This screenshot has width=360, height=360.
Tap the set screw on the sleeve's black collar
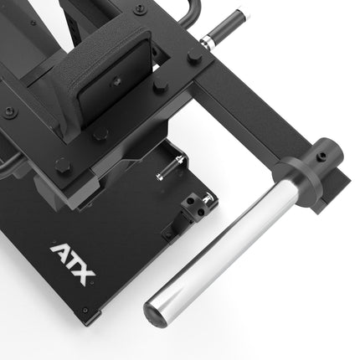click(322, 155)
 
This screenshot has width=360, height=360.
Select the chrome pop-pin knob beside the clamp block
click(208, 198)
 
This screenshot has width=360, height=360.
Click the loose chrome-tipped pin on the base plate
click(171, 167)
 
